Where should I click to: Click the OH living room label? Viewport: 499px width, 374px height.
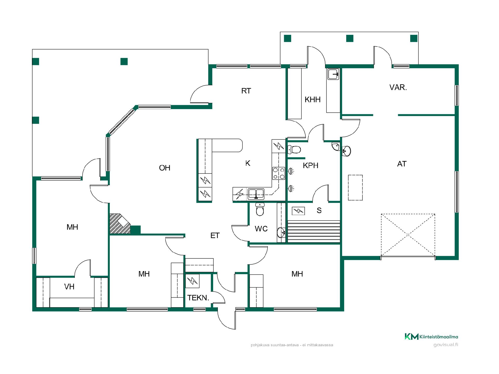165,168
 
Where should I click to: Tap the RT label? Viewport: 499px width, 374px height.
246,91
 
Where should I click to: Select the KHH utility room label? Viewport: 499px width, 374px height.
312,99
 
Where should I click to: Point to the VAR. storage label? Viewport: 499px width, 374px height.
398,87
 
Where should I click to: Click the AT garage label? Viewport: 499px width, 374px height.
402,164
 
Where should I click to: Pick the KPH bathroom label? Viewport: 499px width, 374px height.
311,165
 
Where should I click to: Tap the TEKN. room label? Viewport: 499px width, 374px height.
198,298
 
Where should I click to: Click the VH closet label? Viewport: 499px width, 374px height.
69,287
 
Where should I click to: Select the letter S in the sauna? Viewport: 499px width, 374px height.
319,210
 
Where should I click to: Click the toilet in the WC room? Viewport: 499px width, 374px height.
260,209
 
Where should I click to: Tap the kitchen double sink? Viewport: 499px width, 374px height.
256,194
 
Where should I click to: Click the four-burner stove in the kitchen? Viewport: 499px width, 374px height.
279,173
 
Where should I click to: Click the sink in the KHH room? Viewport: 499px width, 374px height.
333,74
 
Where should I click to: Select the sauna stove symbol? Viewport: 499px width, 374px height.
298,211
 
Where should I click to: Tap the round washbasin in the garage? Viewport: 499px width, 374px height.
346,151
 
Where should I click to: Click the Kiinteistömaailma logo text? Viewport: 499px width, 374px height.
439,337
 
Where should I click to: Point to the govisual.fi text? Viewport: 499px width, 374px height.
446,345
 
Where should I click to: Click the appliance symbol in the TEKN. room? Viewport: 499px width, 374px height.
192,281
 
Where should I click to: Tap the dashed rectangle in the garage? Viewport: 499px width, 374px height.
355,188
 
